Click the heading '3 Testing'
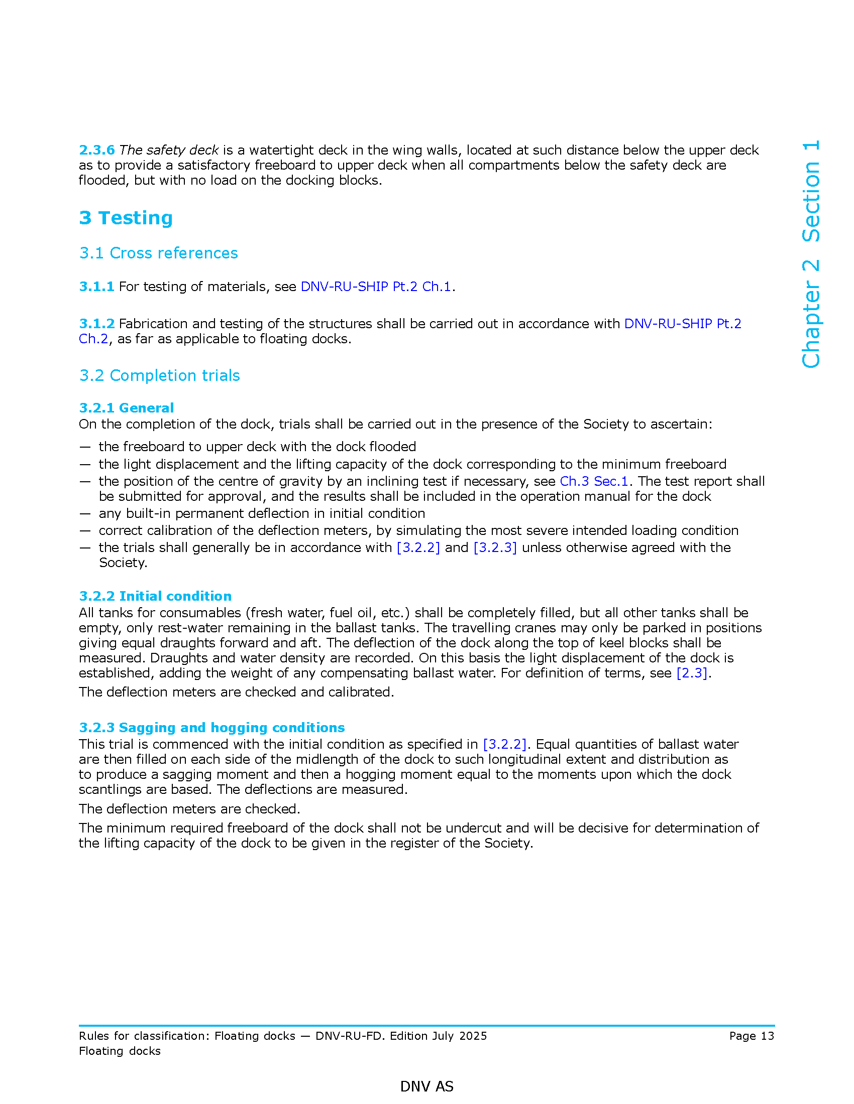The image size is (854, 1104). click(x=126, y=218)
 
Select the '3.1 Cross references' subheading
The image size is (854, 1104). click(x=158, y=253)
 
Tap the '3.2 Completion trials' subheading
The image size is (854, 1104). click(x=159, y=375)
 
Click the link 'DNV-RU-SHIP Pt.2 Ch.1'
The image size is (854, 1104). click(x=375, y=287)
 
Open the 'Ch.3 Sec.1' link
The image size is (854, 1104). click(x=593, y=481)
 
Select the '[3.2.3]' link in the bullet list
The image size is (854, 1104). click(x=495, y=547)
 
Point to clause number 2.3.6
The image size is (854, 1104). click(x=96, y=150)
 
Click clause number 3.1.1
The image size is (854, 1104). click(x=96, y=287)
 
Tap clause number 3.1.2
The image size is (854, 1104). click(x=96, y=324)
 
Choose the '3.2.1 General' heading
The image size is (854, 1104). click(x=127, y=408)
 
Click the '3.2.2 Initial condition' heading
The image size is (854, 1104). click(x=155, y=596)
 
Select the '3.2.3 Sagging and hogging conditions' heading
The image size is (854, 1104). click(x=211, y=728)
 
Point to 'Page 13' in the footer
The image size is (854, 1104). click(x=752, y=1036)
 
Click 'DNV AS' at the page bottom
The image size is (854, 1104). click(x=426, y=1086)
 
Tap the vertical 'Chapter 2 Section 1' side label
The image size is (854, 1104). click(x=811, y=254)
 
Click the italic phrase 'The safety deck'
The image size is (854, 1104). click(x=169, y=150)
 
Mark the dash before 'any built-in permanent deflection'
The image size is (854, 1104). click(x=85, y=513)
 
